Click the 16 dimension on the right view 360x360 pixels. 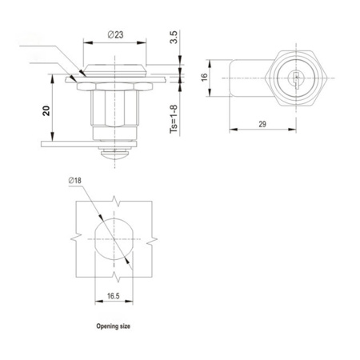point(203,77)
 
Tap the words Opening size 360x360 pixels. point(112,327)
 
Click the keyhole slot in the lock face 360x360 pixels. point(296,78)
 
